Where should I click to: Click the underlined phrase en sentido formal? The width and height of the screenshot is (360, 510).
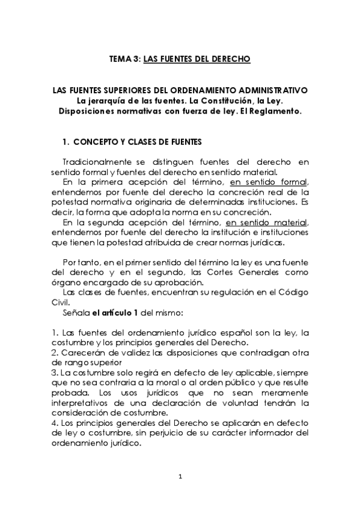[x=269, y=183]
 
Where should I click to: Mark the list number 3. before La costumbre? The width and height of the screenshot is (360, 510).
[x=55, y=373]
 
